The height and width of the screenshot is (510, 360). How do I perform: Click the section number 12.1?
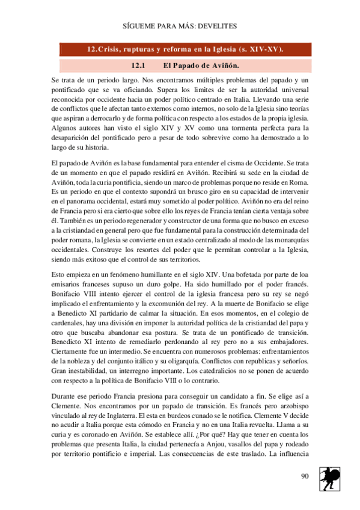click(x=139, y=65)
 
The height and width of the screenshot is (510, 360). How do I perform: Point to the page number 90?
click(x=305, y=476)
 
